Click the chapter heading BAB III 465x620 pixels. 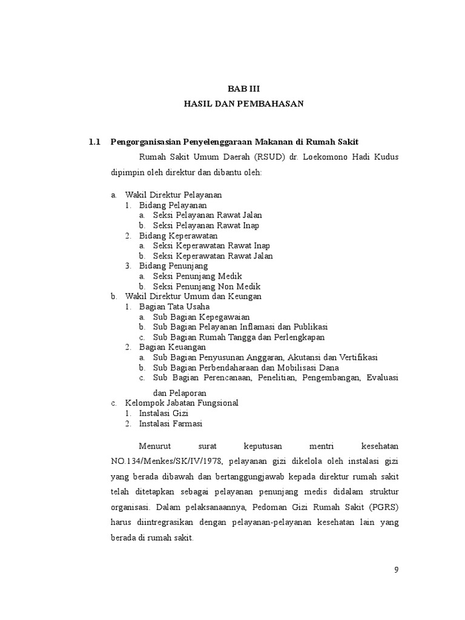[x=243, y=88]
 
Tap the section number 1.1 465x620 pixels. [x=94, y=142]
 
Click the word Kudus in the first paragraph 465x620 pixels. [x=386, y=157]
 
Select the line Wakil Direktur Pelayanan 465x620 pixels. [x=174, y=195]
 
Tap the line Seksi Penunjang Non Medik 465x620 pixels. [x=206, y=286]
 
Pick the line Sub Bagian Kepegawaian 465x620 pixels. [x=201, y=317]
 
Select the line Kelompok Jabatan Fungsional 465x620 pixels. [x=182, y=403]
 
